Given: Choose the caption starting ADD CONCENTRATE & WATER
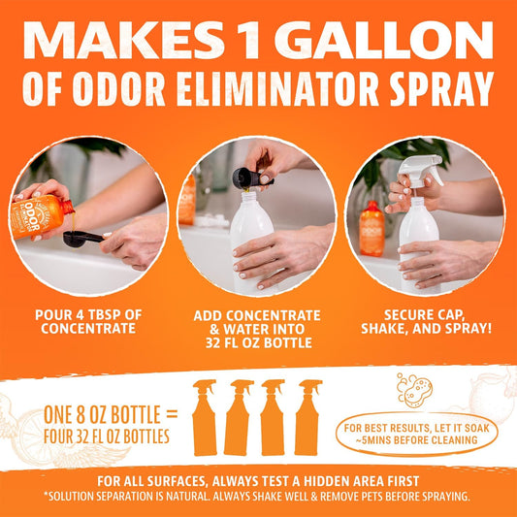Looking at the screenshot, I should pos(258,328).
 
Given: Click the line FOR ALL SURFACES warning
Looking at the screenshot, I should pos(258,479).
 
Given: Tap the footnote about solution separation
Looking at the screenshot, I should pos(258,497).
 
